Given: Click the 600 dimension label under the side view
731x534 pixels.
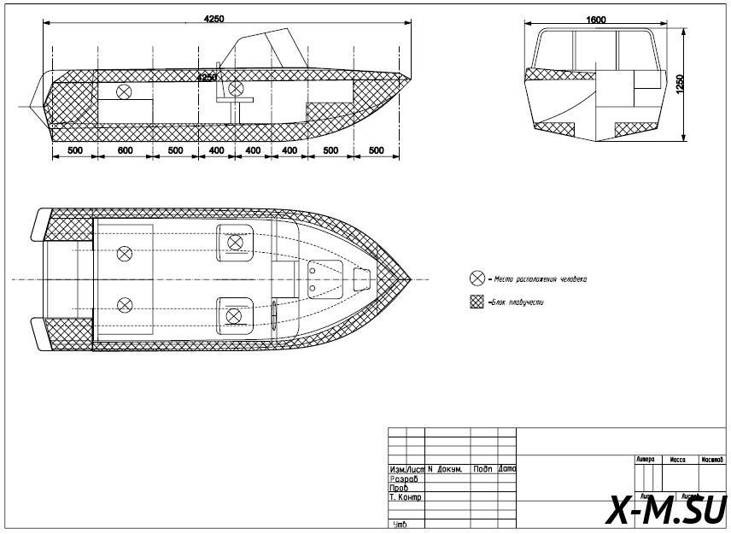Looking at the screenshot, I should click(125, 150).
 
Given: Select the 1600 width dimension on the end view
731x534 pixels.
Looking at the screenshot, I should click(597, 20).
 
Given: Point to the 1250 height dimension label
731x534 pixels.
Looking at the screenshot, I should click(680, 85).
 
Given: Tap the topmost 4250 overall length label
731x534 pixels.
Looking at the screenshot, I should click(213, 20).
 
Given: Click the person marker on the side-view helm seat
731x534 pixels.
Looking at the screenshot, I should click(236, 89).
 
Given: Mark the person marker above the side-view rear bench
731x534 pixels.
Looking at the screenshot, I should click(125, 91).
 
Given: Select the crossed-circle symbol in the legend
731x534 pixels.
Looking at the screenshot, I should click(477, 279).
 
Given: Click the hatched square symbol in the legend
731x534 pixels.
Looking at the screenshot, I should click(477, 302).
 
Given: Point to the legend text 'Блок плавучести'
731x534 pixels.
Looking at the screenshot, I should click(518, 302).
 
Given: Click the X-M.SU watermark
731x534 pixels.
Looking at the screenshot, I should click(666, 510).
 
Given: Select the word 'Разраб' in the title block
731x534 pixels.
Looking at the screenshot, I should click(404, 479).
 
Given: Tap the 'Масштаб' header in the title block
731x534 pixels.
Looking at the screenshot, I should click(713, 460).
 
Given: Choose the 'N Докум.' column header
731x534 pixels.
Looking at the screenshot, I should click(445, 470).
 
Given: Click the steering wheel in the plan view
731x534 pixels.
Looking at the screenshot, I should click(275, 313).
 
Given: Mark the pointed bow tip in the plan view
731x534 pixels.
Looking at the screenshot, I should click(411, 279).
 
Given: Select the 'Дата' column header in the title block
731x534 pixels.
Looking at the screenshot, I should click(507, 470).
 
